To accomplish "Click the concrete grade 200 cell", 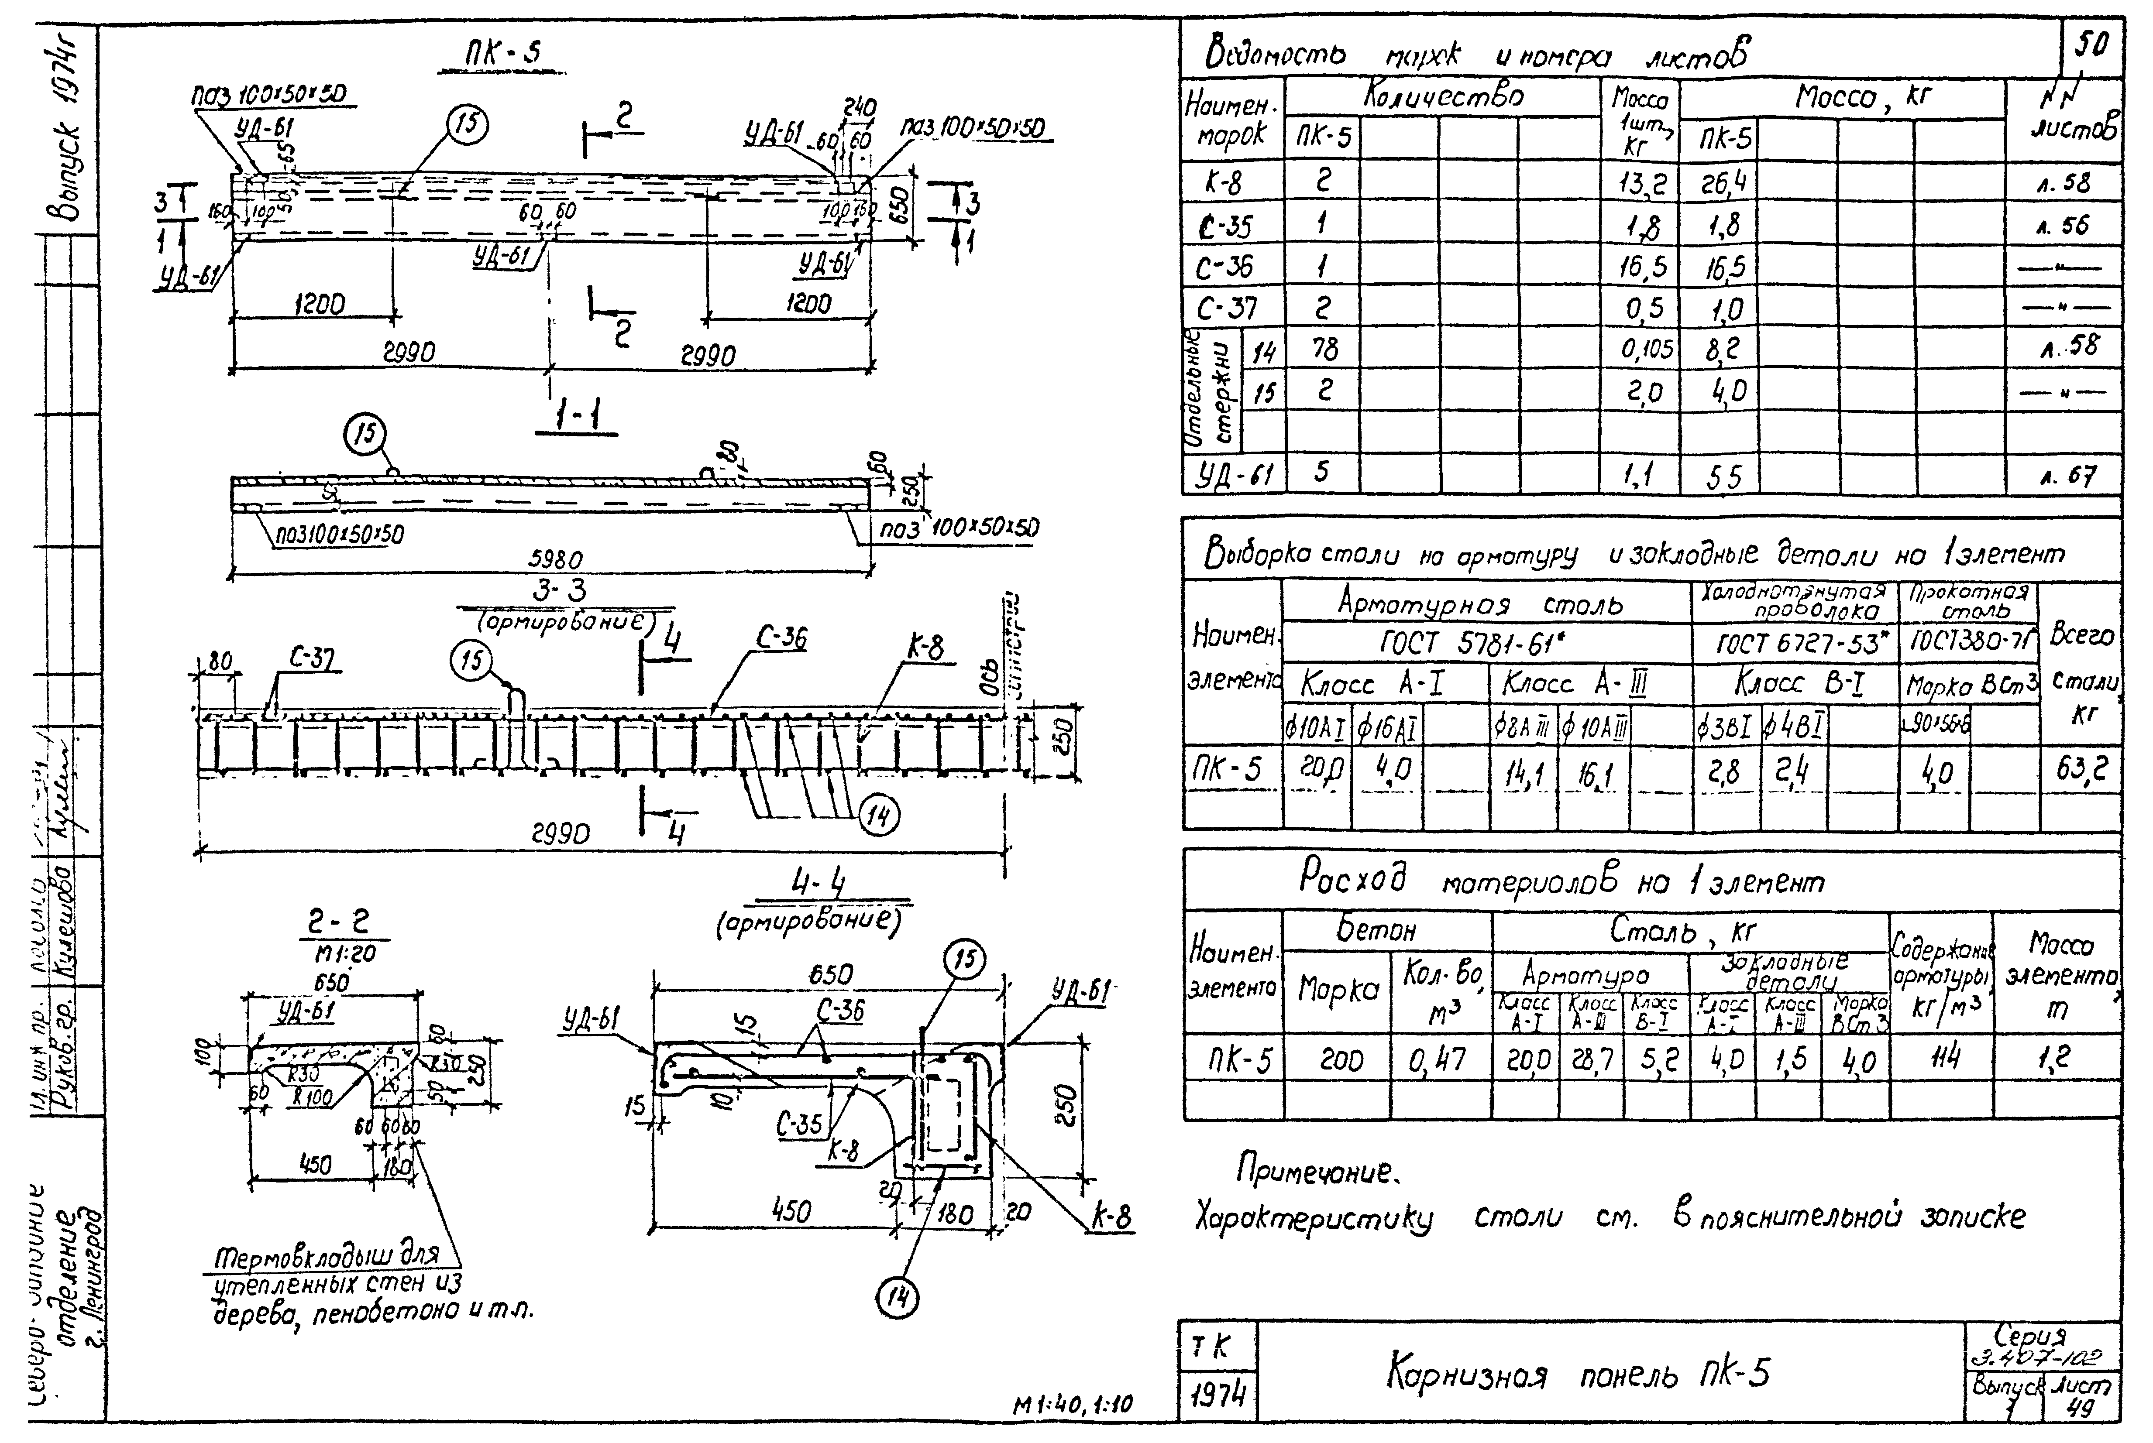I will click(x=1340, y=1061).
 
